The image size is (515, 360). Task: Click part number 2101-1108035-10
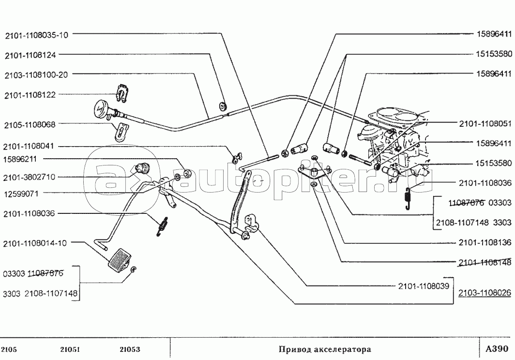click(36, 35)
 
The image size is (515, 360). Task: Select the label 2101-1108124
click(30, 55)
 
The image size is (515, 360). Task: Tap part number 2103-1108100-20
click(36, 75)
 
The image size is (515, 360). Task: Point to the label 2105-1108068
click(30, 125)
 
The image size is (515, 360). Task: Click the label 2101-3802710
click(29, 178)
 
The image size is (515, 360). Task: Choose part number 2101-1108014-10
click(35, 243)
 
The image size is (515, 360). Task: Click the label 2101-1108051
click(485, 124)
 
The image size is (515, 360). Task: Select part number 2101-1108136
click(485, 242)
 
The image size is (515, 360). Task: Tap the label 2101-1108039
click(424, 286)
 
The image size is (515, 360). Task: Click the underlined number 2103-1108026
click(485, 292)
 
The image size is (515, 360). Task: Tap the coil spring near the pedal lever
click(162, 226)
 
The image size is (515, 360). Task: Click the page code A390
click(497, 348)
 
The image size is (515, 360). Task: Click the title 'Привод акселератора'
click(325, 349)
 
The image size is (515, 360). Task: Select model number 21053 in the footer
click(130, 349)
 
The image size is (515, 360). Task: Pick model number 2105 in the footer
click(9, 349)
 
